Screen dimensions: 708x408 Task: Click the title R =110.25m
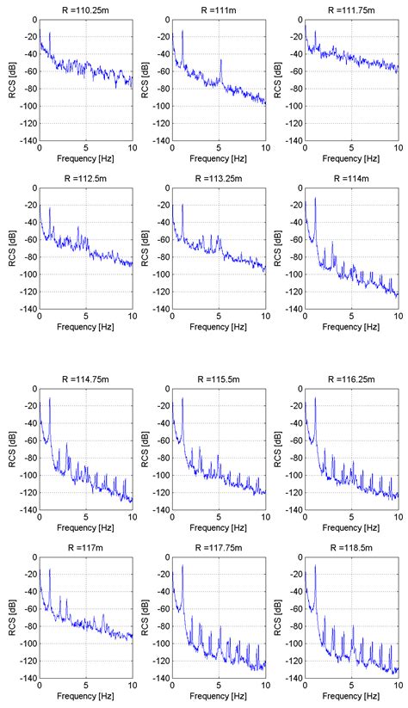point(86,8)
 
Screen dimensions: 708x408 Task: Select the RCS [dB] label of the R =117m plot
point(9,618)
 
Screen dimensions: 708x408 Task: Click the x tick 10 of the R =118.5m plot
point(397,686)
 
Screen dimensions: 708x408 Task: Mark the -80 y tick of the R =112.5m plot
point(29,257)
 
